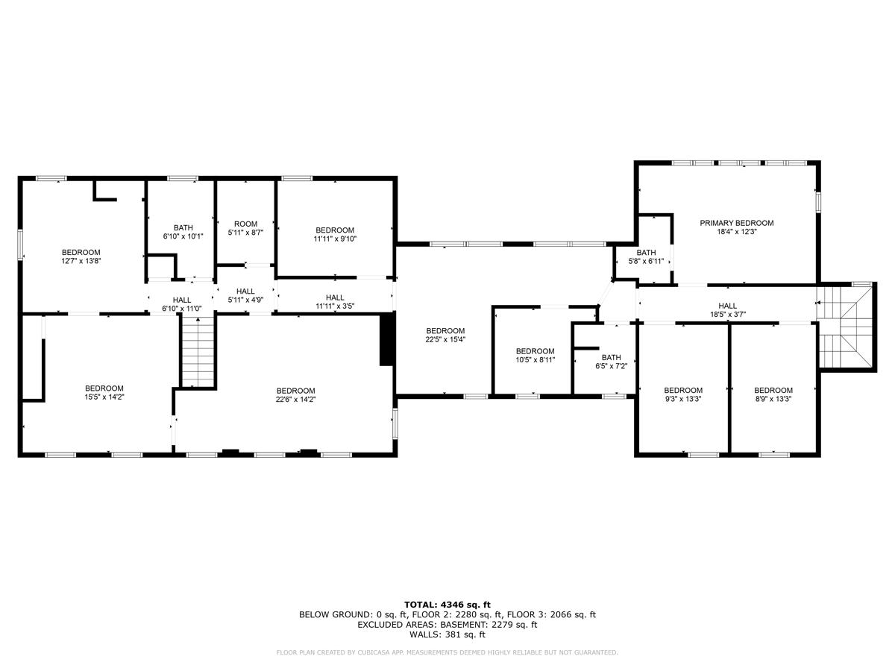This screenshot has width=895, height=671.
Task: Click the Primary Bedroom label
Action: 736,223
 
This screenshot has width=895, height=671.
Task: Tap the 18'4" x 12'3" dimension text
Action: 736,233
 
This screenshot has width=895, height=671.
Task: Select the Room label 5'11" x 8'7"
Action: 245,228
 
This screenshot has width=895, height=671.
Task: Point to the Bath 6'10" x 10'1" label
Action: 183,232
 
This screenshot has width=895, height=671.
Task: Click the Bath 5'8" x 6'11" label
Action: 646,256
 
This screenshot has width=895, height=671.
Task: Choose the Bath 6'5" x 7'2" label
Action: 611,362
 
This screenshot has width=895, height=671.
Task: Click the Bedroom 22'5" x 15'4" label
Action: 445,335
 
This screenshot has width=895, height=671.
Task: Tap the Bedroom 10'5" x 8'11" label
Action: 535,356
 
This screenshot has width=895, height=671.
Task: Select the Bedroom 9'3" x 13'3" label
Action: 683,394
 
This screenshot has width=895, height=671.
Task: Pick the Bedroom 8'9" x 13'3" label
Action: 773,394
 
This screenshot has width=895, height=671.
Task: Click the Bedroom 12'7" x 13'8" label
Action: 81,256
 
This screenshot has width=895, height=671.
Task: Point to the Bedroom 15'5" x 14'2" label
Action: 104,393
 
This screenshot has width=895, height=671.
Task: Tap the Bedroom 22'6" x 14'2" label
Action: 295,395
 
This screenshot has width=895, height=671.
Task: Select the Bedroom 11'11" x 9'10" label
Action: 335,234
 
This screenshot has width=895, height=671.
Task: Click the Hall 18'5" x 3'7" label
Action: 728,310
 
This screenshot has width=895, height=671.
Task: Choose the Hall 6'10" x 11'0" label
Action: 182,304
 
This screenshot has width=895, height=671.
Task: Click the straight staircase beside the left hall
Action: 198,350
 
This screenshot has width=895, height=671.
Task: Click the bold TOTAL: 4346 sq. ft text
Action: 447,605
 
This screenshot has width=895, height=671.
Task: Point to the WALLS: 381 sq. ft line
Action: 447,635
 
